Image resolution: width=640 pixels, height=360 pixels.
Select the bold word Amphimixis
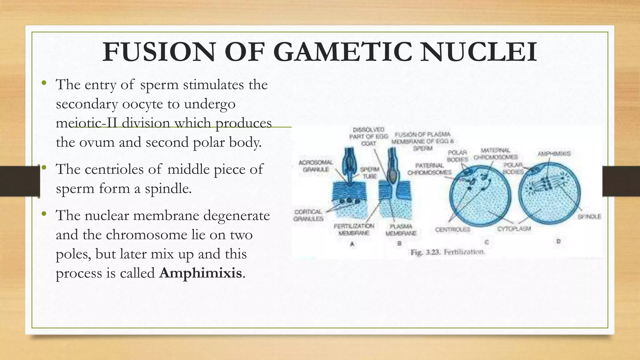click(200, 273)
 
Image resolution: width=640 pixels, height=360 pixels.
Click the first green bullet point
click(44, 83)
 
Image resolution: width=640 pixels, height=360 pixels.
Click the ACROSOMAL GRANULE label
click(316, 166)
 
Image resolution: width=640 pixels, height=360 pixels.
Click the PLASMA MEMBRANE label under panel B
click(401, 230)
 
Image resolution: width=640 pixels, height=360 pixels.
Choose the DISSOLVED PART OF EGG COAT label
click(368, 137)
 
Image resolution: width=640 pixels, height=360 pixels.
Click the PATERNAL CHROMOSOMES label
click(429, 169)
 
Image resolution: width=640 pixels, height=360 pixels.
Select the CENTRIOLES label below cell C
click(452, 230)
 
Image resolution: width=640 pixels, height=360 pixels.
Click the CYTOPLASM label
click(514, 229)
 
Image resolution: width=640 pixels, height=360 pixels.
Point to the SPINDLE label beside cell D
click(589, 216)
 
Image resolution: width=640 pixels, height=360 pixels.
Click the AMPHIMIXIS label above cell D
click(554, 154)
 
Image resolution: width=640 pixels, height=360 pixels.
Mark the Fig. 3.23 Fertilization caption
click(447, 252)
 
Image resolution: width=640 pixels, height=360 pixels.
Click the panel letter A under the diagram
click(352, 244)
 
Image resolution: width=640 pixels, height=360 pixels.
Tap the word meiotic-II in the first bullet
click(86, 123)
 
